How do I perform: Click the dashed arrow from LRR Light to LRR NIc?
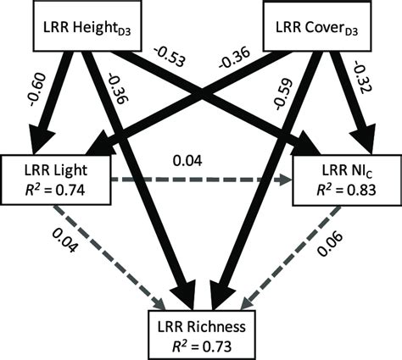[195, 180]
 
